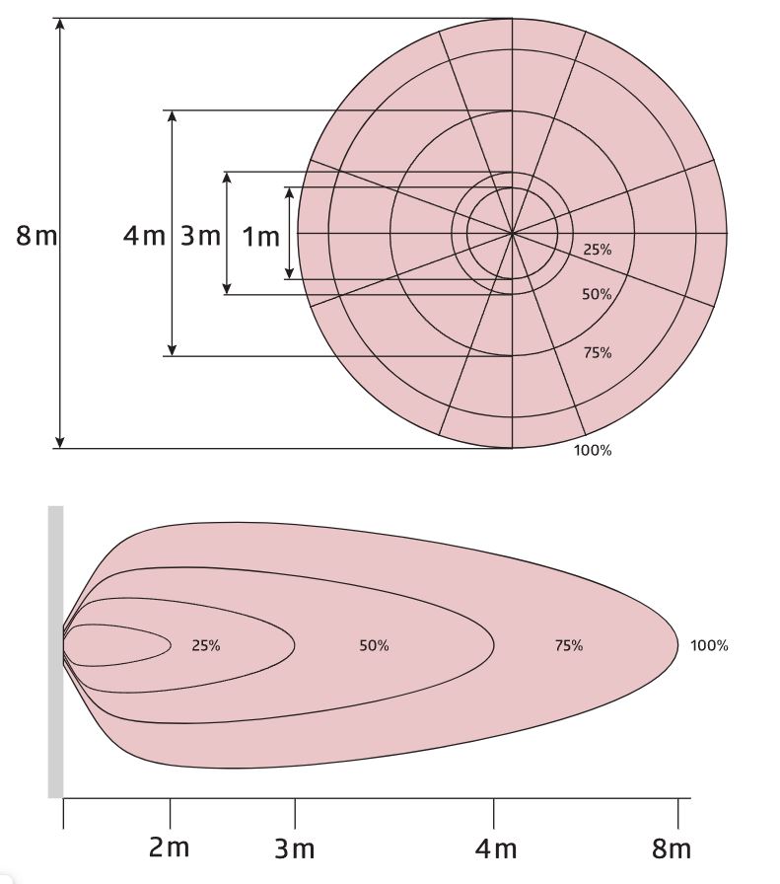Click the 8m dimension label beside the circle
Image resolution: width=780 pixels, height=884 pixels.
click(36, 235)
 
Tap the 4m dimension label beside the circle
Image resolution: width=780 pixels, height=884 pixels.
click(144, 235)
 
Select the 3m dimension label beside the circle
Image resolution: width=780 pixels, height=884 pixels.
click(200, 236)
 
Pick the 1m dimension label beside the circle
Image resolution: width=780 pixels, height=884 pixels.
click(260, 237)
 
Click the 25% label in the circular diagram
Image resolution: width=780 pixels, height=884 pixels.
click(598, 250)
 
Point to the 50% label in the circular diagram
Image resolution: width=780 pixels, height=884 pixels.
click(597, 294)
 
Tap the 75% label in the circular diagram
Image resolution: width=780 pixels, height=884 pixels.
click(598, 352)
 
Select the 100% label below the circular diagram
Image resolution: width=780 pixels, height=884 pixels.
click(593, 450)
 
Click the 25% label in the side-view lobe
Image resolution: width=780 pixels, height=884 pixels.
click(206, 645)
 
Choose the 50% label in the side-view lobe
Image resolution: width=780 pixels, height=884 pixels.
click(374, 645)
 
